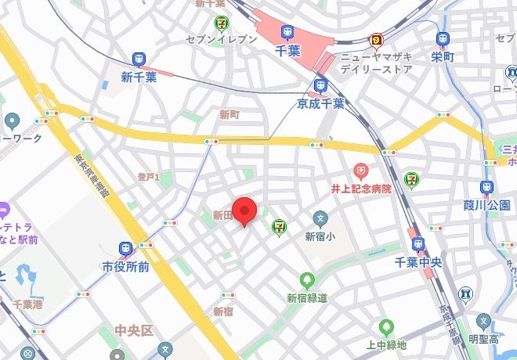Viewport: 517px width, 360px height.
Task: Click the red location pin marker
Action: click(247, 210)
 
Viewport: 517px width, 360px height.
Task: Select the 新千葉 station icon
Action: click(139, 59)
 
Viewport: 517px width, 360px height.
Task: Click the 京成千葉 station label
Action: click(320, 103)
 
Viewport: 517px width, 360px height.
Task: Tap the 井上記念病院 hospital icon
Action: click(360, 170)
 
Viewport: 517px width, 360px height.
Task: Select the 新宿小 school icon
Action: click(320, 218)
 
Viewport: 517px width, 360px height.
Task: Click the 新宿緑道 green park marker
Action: click(306, 279)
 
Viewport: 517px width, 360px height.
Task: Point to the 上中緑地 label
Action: click(385, 344)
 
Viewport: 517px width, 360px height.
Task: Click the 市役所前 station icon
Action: click(125, 248)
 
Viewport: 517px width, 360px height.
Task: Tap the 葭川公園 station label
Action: click(486, 205)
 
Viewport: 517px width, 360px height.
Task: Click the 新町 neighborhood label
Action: click(229, 114)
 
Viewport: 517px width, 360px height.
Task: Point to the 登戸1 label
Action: click(148, 178)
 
